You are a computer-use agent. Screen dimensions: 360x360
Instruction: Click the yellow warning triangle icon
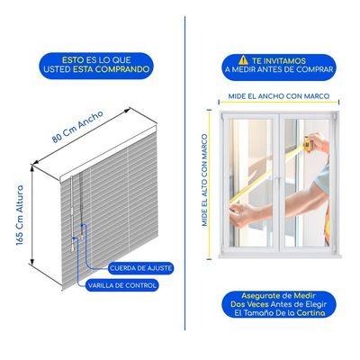(x=243, y=60)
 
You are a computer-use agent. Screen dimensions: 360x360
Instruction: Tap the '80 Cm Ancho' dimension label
(x=77, y=126)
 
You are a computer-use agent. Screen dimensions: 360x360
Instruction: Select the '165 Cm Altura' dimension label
(x=20, y=215)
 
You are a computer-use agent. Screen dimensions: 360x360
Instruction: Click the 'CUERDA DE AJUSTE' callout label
(x=140, y=268)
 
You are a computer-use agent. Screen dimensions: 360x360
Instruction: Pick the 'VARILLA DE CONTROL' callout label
(x=122, y=285)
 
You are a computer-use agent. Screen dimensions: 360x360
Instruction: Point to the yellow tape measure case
(x=308, y=143)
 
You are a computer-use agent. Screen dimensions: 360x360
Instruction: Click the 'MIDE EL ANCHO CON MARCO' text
(x=279, y=96)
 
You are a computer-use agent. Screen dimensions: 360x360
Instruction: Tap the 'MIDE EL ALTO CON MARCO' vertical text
(x=204, y=180)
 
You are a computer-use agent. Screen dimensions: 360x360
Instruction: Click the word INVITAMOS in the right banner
(x=284, y=61)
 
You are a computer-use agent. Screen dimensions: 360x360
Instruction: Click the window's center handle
(x=279, y=180)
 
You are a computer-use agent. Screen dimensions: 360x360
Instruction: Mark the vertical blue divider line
(x=184, y=173)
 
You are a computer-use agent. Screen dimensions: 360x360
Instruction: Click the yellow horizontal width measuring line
(x=279, y=103)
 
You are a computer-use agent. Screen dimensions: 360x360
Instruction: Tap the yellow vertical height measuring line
(x=209, y=184)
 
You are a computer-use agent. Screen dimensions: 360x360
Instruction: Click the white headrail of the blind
(x=108, y=154)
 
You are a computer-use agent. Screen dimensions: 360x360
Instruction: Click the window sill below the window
(x=280, y=256)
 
